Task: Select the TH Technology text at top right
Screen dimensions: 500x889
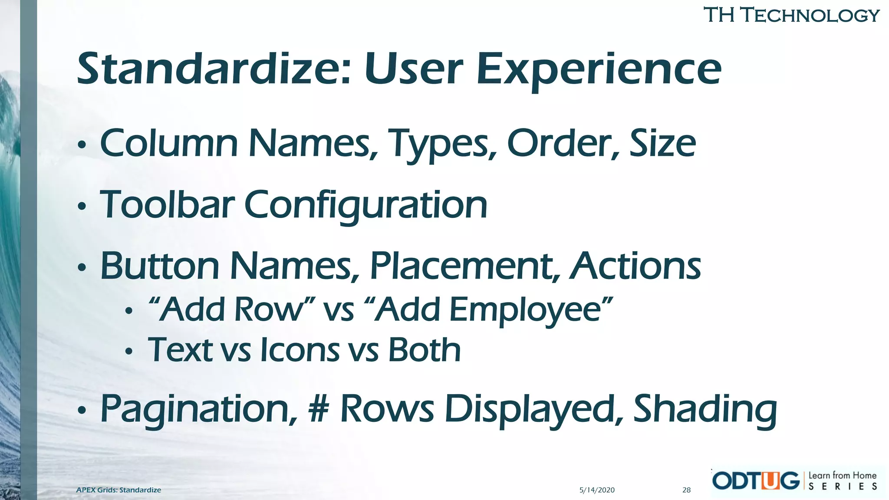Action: [791, 15]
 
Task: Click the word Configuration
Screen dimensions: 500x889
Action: [365, 205]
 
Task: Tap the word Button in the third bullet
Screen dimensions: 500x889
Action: [160, 266]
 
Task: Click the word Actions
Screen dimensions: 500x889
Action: [635, 266]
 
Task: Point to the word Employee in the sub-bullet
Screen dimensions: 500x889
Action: [525, 310]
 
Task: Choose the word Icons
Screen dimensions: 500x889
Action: [300, 350]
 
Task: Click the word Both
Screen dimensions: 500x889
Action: [424, 350]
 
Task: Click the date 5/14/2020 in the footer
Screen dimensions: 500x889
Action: [597, 490]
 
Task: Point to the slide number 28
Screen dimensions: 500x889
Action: [686, 490]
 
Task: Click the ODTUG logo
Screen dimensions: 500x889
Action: [756, 480]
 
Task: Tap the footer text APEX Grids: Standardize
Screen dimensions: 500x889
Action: [119, 490]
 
